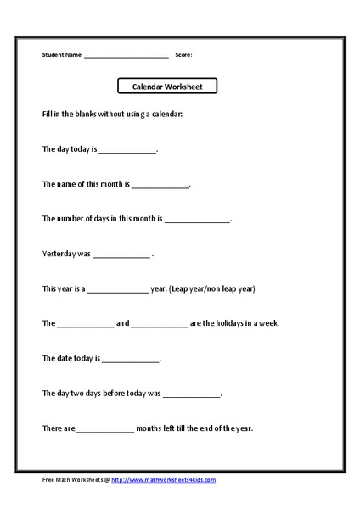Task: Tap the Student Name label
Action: click(62, 55)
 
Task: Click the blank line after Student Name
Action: click(127, 56)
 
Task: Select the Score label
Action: click(183, 55)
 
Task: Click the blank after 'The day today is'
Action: click(128, 149)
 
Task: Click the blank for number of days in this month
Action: click(197, 219)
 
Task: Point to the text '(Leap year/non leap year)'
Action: click(212, 288)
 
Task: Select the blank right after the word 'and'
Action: click(159, 324)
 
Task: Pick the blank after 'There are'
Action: click(105, 429)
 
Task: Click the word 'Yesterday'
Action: click(59, 254)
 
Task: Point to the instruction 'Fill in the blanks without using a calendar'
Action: click(112, 114)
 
